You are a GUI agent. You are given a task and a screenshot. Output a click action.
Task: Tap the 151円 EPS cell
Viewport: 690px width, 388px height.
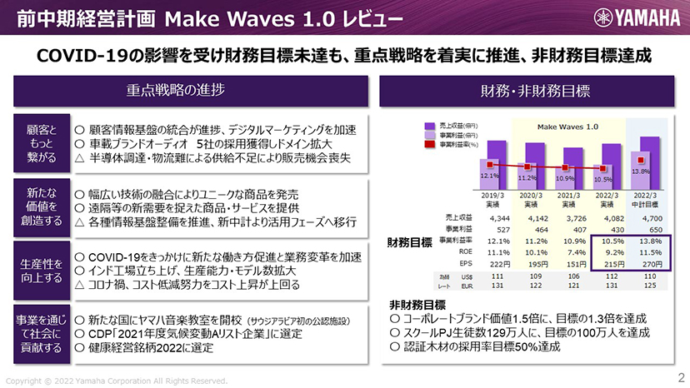point(567,263)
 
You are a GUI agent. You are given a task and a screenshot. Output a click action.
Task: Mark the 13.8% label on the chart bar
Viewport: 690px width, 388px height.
point(641,170)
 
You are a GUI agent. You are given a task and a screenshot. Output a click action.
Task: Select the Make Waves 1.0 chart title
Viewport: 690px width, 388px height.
point(567,127)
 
